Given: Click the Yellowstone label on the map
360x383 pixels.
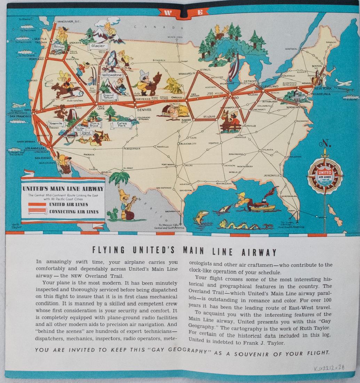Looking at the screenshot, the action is (112, 75).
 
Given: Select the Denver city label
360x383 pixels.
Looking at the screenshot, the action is (142, 110).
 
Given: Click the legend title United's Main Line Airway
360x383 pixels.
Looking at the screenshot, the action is (63, 189).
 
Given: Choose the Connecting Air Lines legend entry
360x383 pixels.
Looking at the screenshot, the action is (74, 211).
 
